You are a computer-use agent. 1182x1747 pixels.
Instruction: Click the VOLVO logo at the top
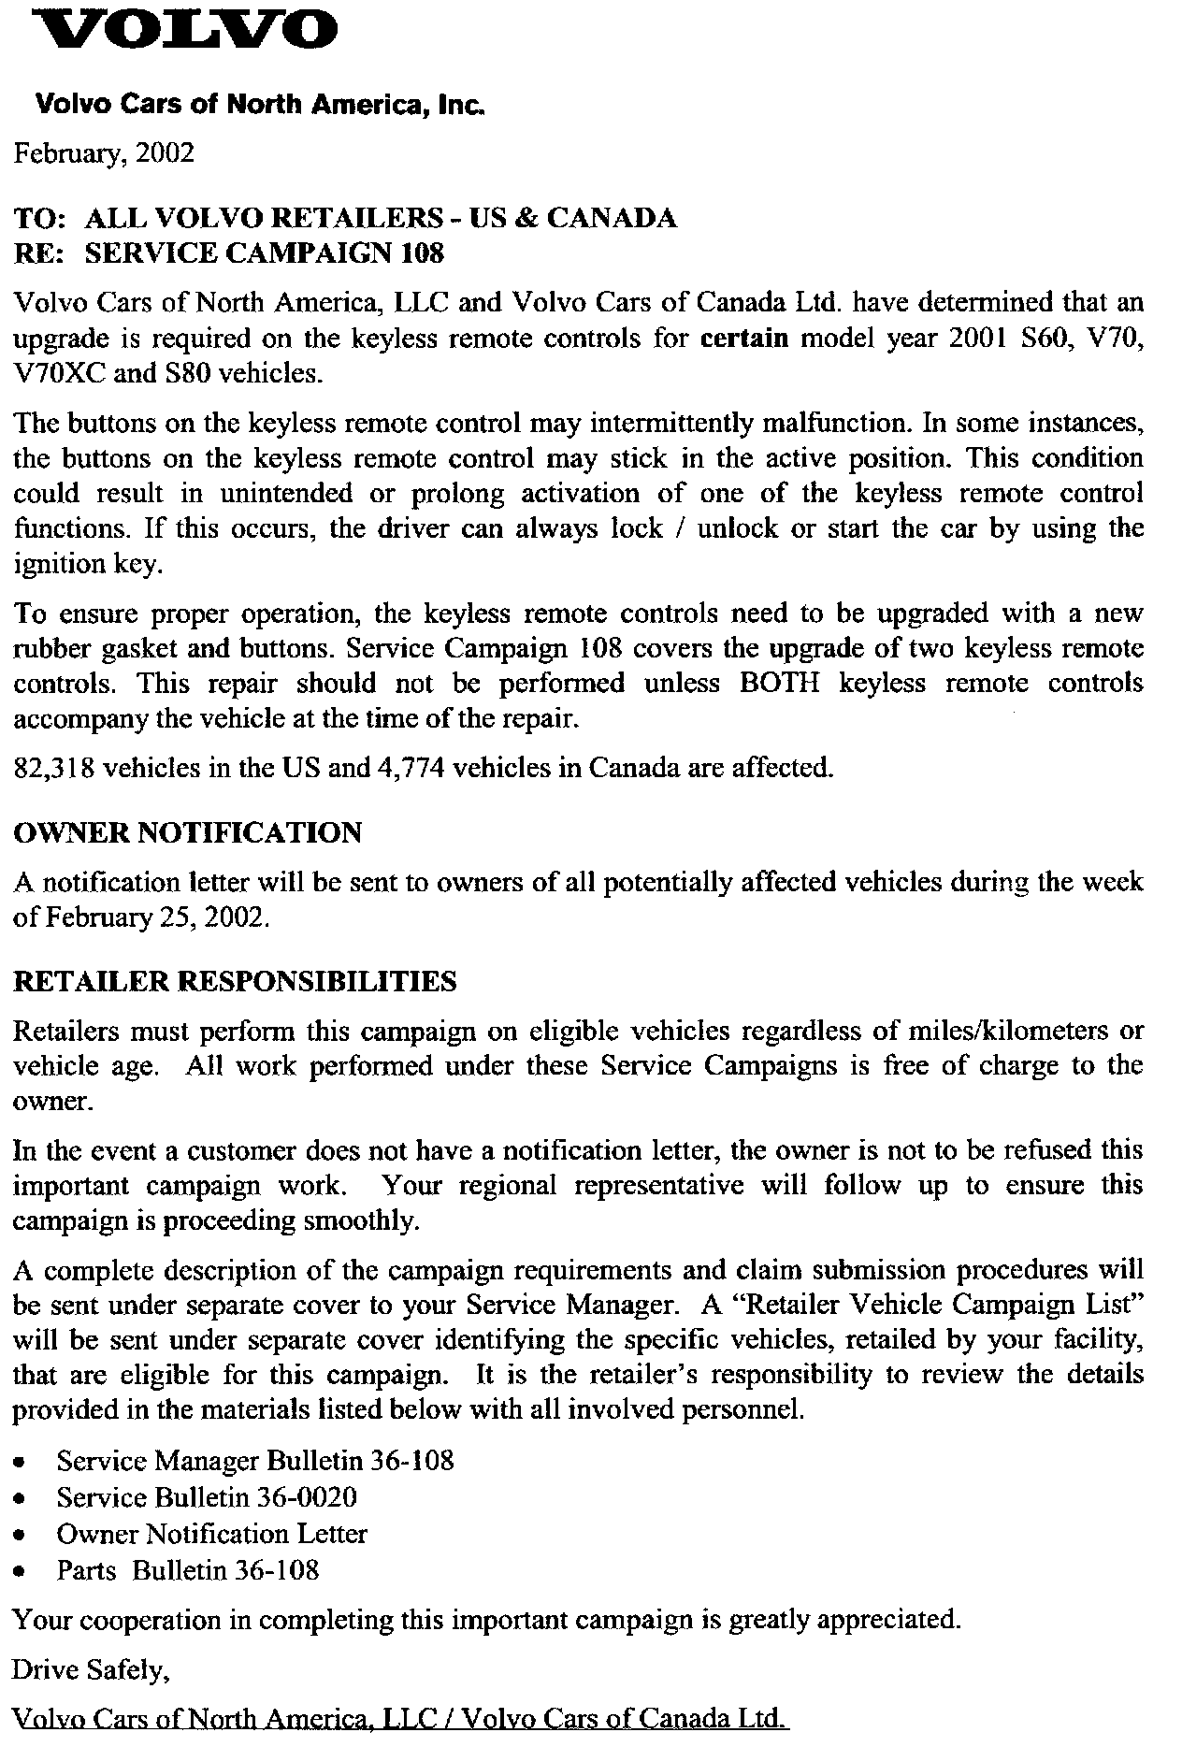click(178, 30)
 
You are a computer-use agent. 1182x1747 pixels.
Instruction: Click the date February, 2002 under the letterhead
click(104, 152)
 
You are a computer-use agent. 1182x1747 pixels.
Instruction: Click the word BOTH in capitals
click(779, 684)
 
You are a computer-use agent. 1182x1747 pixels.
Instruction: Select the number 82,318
click(53, 768)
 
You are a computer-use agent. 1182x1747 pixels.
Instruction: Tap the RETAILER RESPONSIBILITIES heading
click(235, 981)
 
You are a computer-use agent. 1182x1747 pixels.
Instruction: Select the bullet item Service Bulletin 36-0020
click(207, 1497)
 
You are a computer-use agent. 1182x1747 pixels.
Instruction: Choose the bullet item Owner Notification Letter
click(211, 1534)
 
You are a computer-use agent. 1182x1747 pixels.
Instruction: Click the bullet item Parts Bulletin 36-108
click(188, 1570)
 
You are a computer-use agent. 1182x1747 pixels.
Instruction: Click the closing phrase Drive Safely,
click(91, 1669)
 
